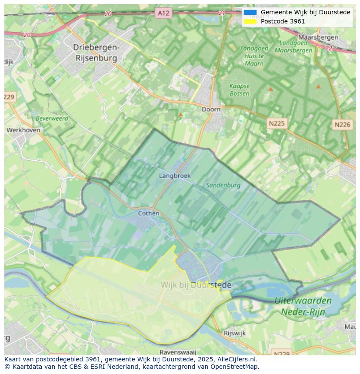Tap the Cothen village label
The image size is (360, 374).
pos(148,213)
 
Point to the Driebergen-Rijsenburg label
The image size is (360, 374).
pos(95,52)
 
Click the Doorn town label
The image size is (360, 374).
pos(211,109)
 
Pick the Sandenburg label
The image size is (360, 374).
pos(223,185)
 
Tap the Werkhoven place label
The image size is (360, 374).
pos(23,130)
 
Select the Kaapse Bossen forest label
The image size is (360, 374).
pos(240,90)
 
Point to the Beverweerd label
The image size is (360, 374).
pos(52,118)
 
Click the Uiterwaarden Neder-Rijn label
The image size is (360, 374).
pos(303,306)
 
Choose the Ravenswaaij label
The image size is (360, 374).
pos(178,352)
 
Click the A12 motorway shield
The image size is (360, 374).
pos(163,13)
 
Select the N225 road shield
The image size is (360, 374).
pos(276,123)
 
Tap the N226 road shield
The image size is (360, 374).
pos(342,125)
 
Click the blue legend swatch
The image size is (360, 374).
pos(250,12)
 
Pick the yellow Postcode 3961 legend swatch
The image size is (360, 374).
pos(250,21)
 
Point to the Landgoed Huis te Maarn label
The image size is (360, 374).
pos(254,56)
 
